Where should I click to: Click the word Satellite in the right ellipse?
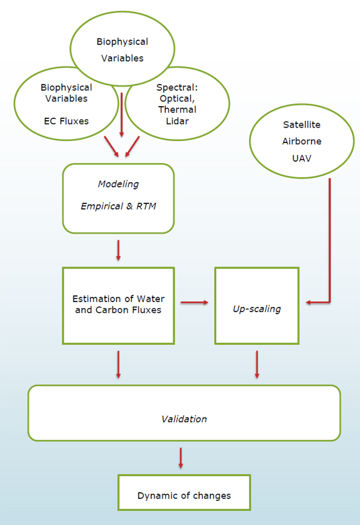[x=302, y=125]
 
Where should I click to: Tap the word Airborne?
[x=302, y=141]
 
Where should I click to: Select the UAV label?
[x=302, y=158]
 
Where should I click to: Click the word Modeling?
[x=118, y=184]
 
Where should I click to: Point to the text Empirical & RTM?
[x=118, y=206]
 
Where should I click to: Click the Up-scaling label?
[x=257, y=309]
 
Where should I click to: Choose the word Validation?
[x=184, y=419]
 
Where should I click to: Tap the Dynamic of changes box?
[x=184, y=492]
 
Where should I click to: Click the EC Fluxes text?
[x=66, y=121]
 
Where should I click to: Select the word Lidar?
[x=177, y=121]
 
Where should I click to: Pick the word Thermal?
[x=177, y=109]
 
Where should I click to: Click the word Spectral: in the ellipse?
[x=177, y=87]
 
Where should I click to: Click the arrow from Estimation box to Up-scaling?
[x=195, y=302]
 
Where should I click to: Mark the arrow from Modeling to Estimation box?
[x=118, y=250]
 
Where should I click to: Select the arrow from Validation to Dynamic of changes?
[x=181, y=458]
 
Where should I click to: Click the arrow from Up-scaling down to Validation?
[x=257, y=365]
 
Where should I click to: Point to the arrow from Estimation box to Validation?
[x=118, y=365]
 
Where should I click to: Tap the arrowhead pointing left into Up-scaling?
[x=309, y=302]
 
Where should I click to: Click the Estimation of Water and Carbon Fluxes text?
[x=118, y=304]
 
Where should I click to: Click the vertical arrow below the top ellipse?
[x=122, y=115]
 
